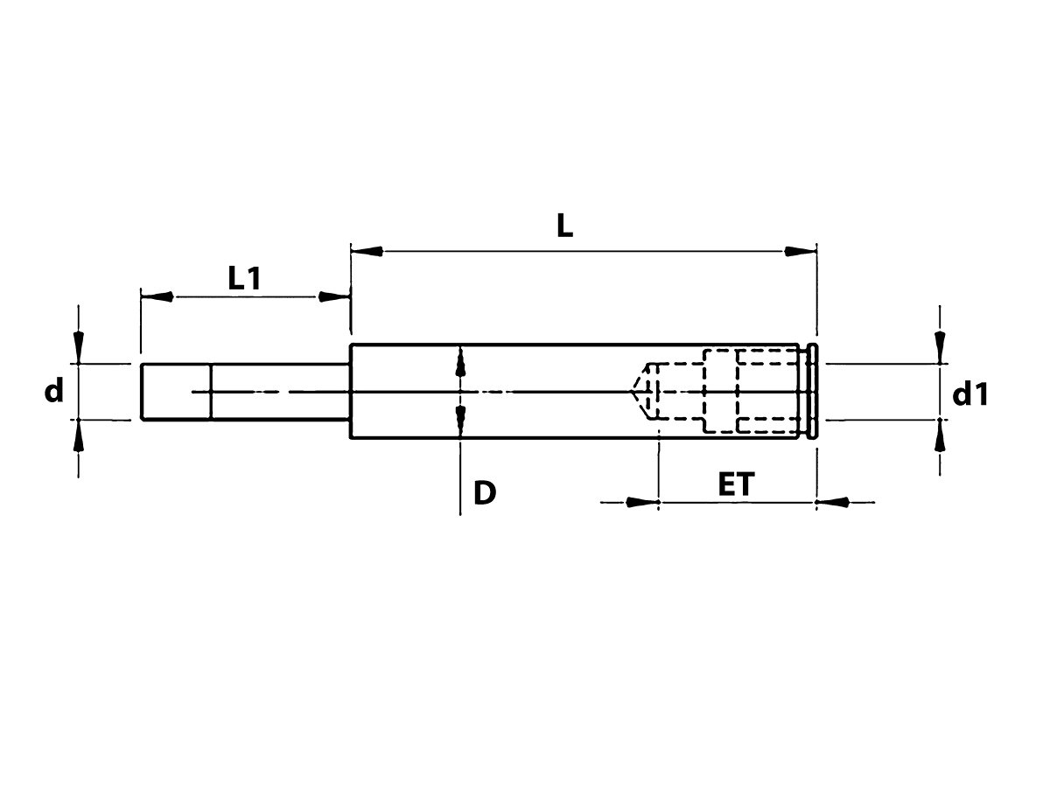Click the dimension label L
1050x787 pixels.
point(564,226)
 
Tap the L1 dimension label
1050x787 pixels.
point(244,278)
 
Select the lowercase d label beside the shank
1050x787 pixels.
point(53,389)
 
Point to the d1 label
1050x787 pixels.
point(970,394)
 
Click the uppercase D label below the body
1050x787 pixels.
point(485,492)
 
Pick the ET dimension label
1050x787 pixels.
point(736,484)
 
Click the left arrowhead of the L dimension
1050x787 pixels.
point(367,251)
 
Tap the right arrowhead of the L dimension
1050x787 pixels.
point(801,251)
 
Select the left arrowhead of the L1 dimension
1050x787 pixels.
point(157,296)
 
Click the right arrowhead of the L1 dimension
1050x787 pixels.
point(334,296)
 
